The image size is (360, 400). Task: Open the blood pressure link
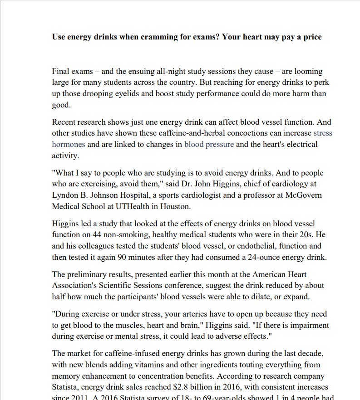[209, 145]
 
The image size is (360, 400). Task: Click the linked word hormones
[69, 145]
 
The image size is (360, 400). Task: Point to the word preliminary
[87, 274]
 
